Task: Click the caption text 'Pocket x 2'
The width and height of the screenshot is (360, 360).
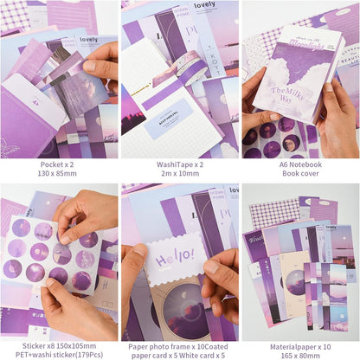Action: tap(59, 164)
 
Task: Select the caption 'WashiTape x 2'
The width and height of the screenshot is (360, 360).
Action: tap(180, 164)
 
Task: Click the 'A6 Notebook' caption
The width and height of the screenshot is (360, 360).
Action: tap(300, 164)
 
